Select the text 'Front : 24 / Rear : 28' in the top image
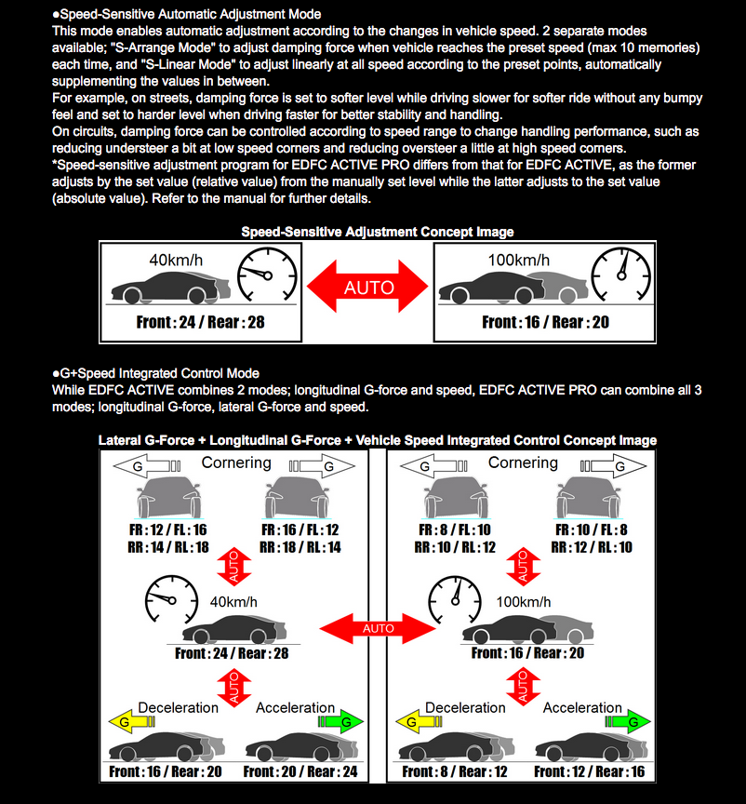point(198,323)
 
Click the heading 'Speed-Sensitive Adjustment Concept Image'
point(378,232)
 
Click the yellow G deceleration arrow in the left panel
point(123,720)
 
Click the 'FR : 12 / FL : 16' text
point(168,529)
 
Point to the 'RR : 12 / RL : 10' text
point(592,547)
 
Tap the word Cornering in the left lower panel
point(236,462)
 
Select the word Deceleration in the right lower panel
point(465,707)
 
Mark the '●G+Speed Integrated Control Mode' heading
point(155,373)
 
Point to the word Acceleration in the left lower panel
point(296,707)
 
